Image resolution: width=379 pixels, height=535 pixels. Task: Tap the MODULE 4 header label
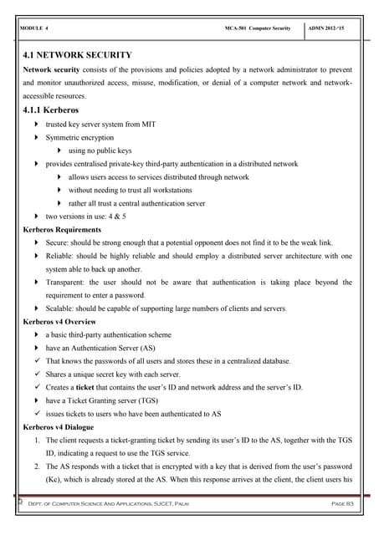click(32, 28)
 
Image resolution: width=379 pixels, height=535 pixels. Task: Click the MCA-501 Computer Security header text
click(258, 28)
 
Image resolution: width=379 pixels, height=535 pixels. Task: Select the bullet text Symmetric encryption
click(79, 136)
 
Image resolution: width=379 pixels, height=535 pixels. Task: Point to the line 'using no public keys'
click(100, 150)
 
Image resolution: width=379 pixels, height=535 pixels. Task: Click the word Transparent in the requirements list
click(67, 282)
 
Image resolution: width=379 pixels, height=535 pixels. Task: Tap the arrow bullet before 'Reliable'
click(37, 255)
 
